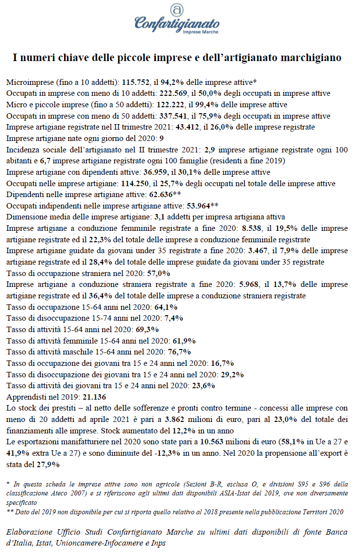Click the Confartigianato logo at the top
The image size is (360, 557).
coord(176,20)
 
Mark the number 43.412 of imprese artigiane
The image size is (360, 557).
coord(202,127)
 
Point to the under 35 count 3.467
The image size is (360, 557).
coord(265,251)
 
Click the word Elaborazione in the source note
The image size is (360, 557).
coord(31,532)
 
